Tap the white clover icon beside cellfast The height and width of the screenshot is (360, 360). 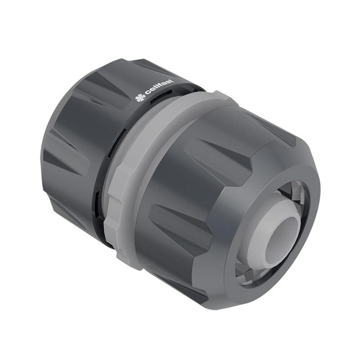(140, 97)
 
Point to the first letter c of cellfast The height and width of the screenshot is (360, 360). (148, 94)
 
